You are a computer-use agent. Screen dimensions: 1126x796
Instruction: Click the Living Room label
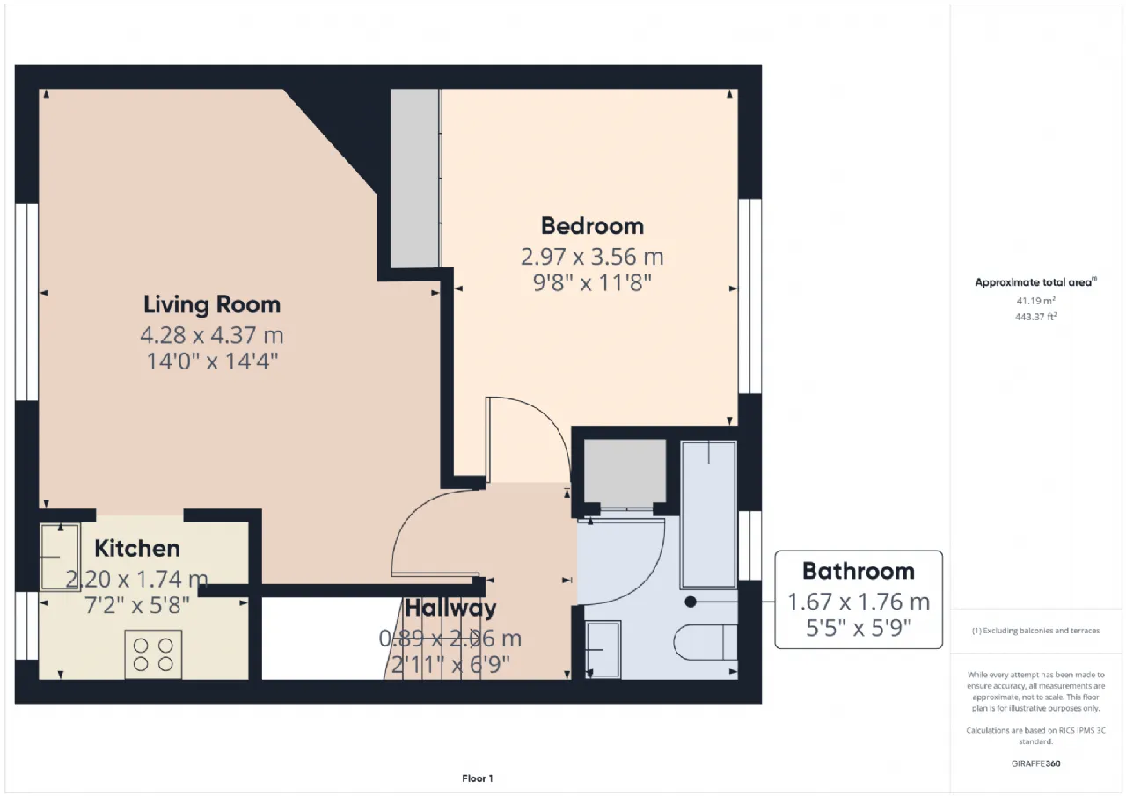(x=212, y=304)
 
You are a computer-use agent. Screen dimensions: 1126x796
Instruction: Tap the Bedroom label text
(x=592, y=226)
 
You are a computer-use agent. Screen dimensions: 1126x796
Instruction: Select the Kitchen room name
(x=137, y=548)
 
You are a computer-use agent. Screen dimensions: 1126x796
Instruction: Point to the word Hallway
(x=450, y=608)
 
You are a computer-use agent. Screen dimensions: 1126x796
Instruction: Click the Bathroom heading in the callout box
(x=858, y=572)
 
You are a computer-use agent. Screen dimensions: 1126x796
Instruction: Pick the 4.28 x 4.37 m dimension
(x=212, y=335)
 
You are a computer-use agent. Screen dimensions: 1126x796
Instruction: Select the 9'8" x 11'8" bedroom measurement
(x=592, y=283)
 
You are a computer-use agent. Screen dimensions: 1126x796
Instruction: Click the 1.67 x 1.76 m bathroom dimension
(x=858, y=602)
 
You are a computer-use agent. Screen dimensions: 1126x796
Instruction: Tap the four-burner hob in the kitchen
(x=153, y=654)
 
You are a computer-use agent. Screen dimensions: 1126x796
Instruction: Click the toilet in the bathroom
(x=706, y=642)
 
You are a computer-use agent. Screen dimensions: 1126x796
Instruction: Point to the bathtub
(x=708, y=515)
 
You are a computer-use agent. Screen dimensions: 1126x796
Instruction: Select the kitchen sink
(x=61, y=557)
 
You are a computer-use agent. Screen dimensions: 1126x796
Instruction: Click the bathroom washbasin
(x=603, y=649)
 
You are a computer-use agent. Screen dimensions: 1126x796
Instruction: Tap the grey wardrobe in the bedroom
(x=415, y=179)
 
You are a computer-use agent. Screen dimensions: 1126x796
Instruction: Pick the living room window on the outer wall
(x=26, y=302)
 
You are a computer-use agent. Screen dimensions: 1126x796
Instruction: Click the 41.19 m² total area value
(x=1035, y=301)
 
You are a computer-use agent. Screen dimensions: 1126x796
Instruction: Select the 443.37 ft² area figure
(x=1035, y=317)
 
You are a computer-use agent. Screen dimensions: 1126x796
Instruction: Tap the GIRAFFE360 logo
(x=1035, y=763)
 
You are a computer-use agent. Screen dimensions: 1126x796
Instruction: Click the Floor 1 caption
(x=478, y=778)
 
